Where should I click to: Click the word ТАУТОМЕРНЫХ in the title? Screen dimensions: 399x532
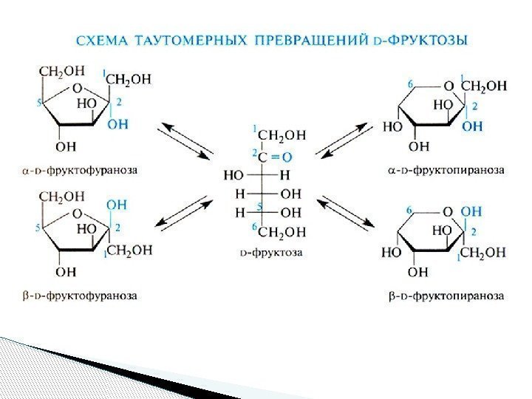(171, 40)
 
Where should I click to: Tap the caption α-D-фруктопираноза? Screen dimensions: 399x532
(446, 169)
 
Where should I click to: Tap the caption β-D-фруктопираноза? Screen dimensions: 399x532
(446, 296)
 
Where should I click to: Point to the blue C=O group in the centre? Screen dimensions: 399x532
(274, 156)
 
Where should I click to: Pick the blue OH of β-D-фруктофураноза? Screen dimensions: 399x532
(117, 203)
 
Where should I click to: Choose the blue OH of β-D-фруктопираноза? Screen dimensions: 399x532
(471, 211)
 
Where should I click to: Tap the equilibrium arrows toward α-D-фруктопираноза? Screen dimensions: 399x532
(344, 140)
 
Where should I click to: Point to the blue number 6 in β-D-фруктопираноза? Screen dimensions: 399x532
(410, 210)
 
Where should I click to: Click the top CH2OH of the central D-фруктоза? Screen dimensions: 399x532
(281, 134)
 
